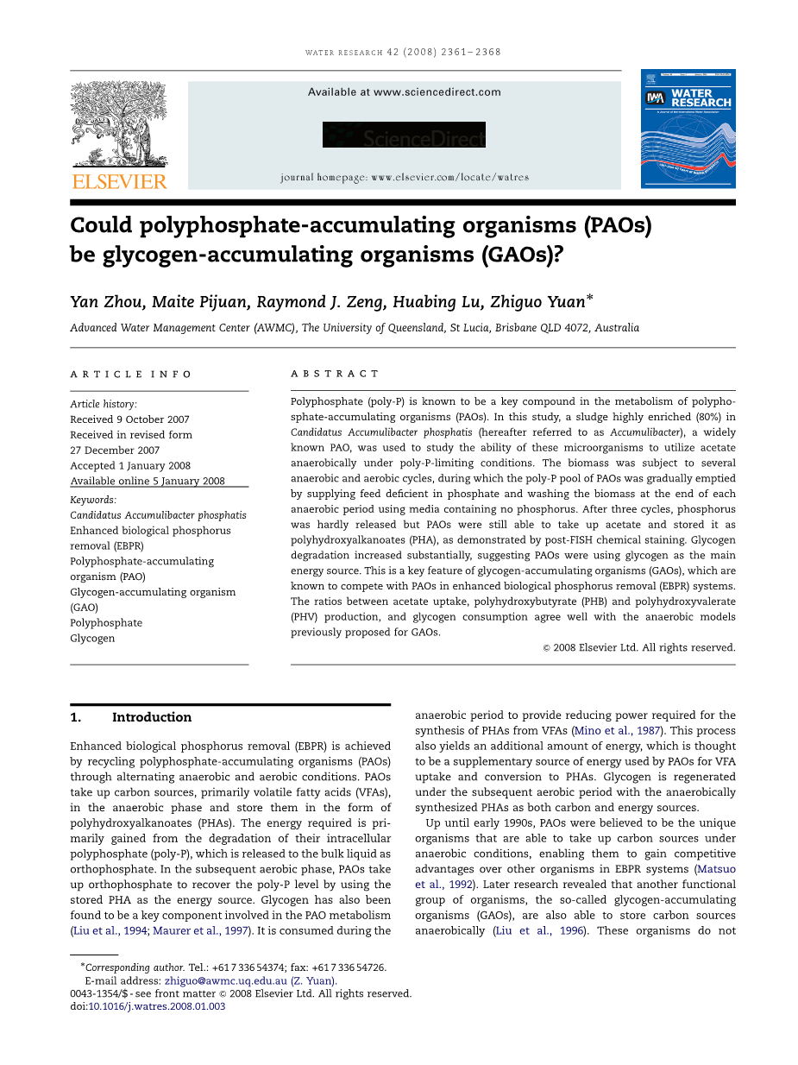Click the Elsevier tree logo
118,124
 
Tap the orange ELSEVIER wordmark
119,181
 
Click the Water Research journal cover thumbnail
688,129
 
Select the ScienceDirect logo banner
404,135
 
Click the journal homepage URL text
405,178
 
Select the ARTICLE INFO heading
131,374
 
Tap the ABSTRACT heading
335,374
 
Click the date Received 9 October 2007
129,419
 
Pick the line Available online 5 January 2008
148,482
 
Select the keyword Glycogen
92,639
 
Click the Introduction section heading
151,717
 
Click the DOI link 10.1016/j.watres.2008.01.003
157,1006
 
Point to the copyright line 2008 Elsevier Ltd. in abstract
644,647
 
